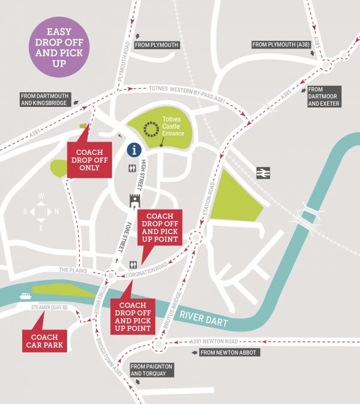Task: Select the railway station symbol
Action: pos(262,172)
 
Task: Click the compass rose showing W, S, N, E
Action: pos(41,212)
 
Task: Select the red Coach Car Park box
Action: pos(45,340)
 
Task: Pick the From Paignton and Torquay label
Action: pos(151,370)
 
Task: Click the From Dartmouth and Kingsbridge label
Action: pos(45,99)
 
